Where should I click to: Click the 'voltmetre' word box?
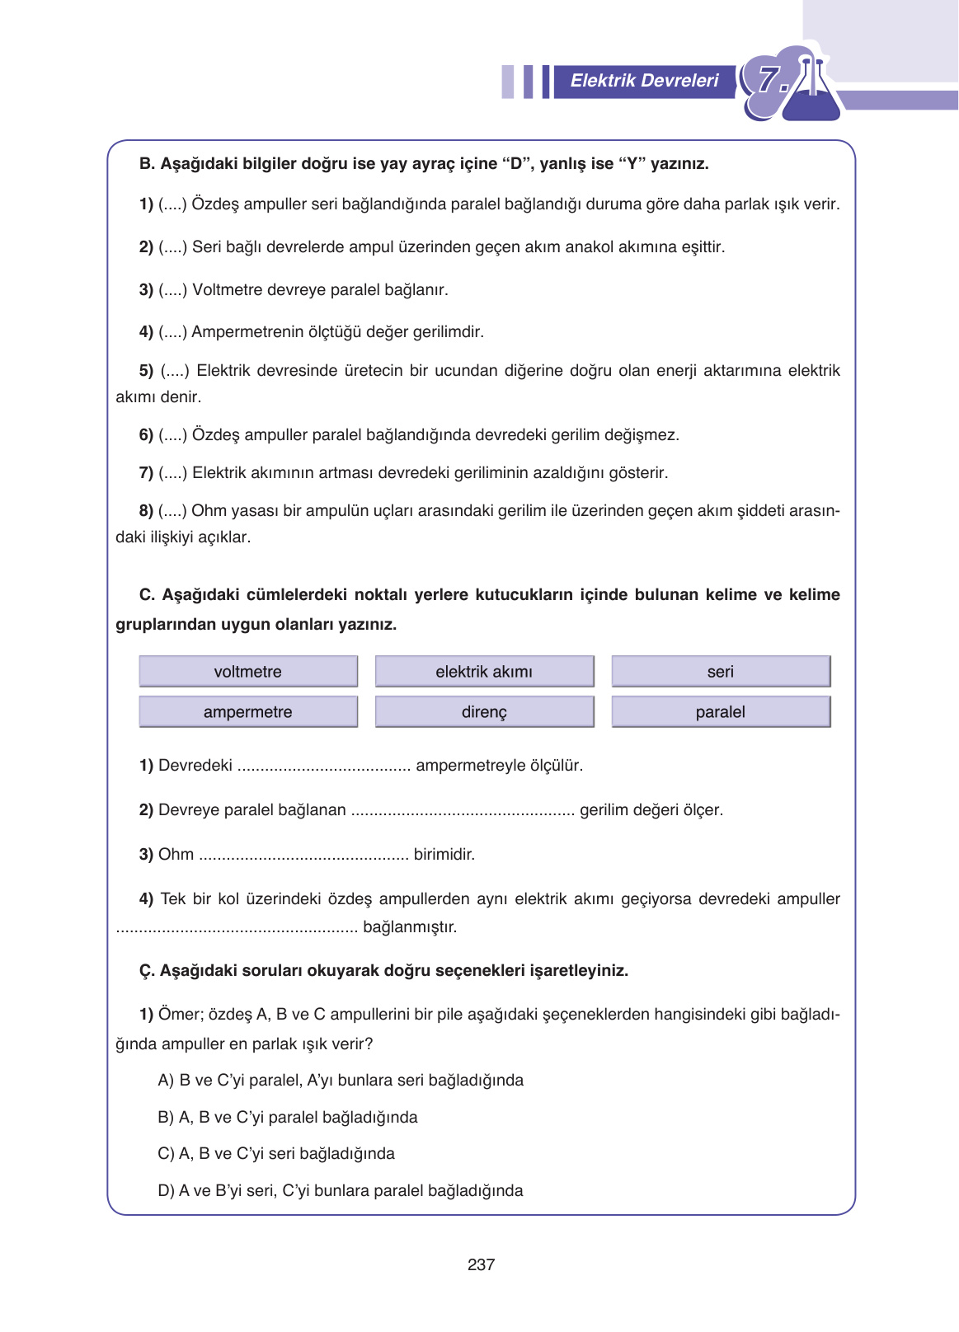[248, 671]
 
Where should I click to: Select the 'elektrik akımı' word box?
[484, 671]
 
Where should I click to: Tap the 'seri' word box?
[720, 671]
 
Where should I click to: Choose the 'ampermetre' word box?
[248, 711]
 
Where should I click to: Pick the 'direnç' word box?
[484, 711]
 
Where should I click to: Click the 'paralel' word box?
[720, 711]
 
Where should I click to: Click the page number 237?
[481, 1264]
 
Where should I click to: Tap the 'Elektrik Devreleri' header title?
[644, 81]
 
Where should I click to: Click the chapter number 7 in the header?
[769, 81]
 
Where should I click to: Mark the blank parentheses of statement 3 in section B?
[173, 290]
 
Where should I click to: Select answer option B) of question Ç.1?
[288, 1117]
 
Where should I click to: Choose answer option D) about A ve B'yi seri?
[340, 1190]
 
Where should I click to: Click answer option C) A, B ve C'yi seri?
[276, 1153]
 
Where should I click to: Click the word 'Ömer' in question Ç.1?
[179, 1014]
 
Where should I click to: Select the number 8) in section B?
[146, 510]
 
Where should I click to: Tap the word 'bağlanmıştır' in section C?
[410, 926]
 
